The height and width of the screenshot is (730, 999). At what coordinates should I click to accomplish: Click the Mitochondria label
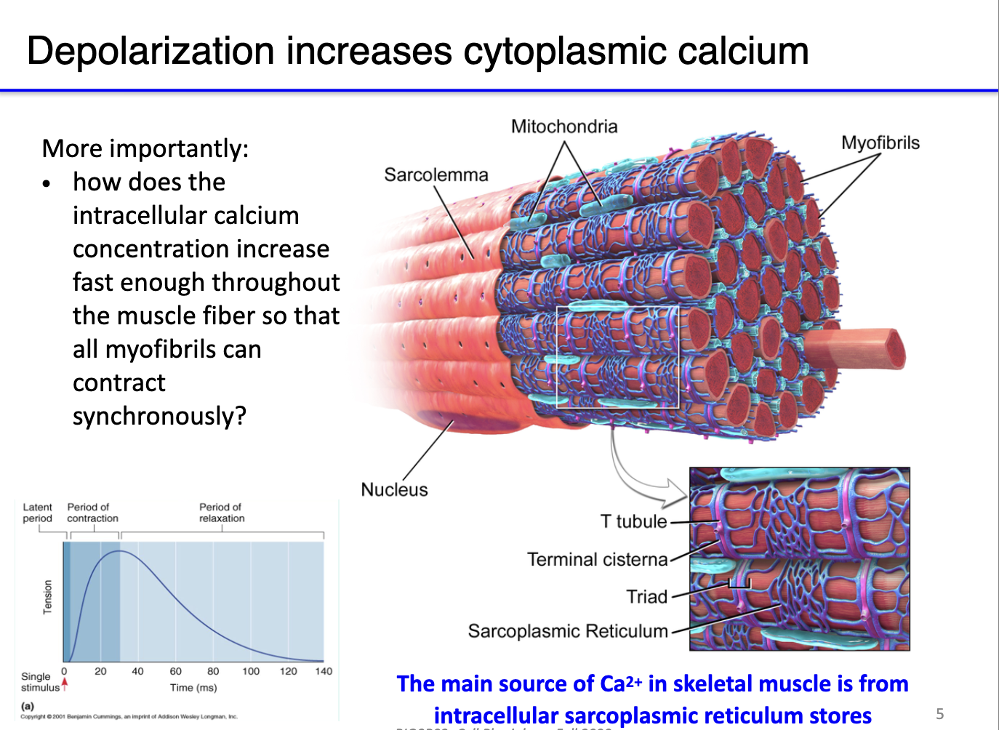click(564, 127)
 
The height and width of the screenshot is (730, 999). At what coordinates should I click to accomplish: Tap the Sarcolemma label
click(436, 175)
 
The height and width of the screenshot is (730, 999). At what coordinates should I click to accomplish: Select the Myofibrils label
click(880, 143)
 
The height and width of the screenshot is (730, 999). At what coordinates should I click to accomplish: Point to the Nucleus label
click(394, 490)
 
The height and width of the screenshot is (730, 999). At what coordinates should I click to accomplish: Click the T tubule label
click(633, 521)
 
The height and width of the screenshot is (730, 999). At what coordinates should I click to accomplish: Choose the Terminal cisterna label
click(597, 559)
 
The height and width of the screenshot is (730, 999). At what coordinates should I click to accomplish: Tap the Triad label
click(646, 597)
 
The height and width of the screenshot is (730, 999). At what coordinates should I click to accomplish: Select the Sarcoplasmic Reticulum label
click(568, 631)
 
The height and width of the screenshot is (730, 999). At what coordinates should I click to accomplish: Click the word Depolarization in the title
click(150, 52)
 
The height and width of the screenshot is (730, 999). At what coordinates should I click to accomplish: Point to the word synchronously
click(159, 416)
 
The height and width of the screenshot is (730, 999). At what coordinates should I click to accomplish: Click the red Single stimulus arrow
click(65, 683)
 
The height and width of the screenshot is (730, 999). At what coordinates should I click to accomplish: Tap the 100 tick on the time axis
click(251, 671)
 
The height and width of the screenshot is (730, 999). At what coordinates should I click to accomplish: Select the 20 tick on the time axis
click(100, 671)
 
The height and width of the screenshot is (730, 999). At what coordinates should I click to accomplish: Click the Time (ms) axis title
click(193, 688)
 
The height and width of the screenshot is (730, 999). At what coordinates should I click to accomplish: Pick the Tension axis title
click(48, 597)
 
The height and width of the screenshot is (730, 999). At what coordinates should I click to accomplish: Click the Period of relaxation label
click(222, 513)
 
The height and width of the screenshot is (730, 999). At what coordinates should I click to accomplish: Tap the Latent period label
click(37, 513)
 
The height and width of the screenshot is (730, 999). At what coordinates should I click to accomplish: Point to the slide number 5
click(939, 714)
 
